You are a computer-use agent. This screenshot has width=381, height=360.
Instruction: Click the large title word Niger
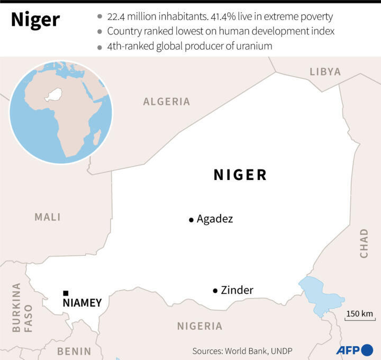[35, 20]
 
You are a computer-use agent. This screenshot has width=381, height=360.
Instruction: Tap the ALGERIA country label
[167, 102]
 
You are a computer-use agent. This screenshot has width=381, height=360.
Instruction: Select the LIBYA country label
[325, 72]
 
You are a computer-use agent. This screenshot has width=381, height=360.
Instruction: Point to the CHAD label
[364, 243]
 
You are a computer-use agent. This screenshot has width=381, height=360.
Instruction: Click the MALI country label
[48, 217]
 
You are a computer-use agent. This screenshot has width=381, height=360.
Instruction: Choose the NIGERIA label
[199, 326]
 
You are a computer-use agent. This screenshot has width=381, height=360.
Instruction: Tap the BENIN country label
[74, 351]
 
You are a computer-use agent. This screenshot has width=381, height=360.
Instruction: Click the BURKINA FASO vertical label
[22, 307]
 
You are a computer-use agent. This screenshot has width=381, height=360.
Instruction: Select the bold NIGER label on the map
[240, 175]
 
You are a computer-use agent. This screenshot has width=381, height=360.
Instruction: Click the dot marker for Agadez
[191, 220]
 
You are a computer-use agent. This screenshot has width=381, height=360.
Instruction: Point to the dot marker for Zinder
[215, 291]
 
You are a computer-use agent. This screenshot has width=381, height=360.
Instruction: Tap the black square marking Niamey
[66, 293]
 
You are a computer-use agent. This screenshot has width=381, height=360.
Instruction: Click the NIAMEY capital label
[82, 303]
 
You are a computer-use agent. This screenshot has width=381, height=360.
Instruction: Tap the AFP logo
[354, 350]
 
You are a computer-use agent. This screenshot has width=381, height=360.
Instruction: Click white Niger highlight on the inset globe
[53, 95]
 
